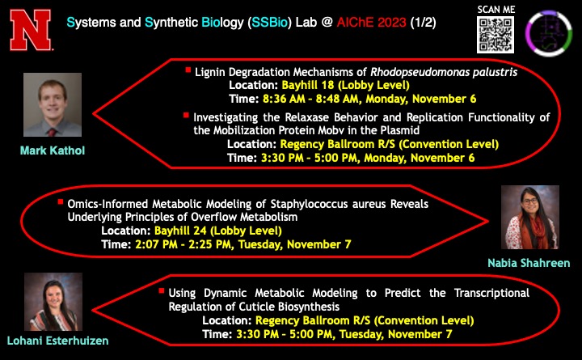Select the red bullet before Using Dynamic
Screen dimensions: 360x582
[x=162, y=290]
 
